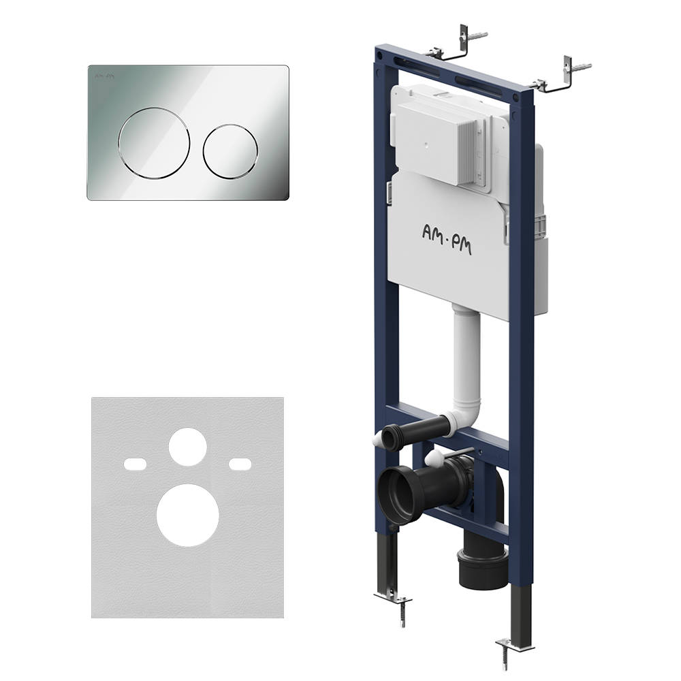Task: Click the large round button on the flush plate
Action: click(154, 142)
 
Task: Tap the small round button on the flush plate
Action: click(230, 152)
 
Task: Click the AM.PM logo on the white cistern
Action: click(447, 239)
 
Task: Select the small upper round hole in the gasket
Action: click(188, 447)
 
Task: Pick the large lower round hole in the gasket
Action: click(188, 515)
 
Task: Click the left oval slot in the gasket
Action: click(136, 464)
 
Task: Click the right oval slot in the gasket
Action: click(240, 464)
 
